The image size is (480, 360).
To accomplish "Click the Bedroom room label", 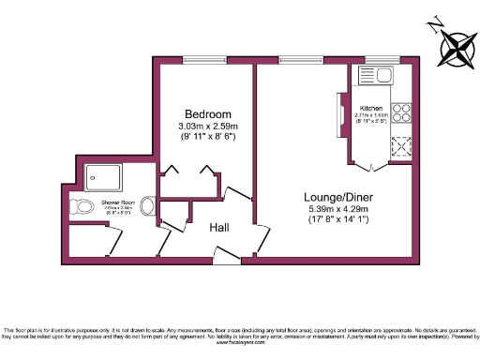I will (x=207, y=114).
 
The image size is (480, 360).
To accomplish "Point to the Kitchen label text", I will (x=373, y=109).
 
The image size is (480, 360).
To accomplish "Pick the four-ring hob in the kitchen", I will (x=400, y=112).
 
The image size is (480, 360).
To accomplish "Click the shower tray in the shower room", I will (x=97, y=177).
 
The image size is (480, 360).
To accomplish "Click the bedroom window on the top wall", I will (x=205, y=62).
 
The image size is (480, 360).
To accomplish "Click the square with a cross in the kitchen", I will (x=400, y=145).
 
